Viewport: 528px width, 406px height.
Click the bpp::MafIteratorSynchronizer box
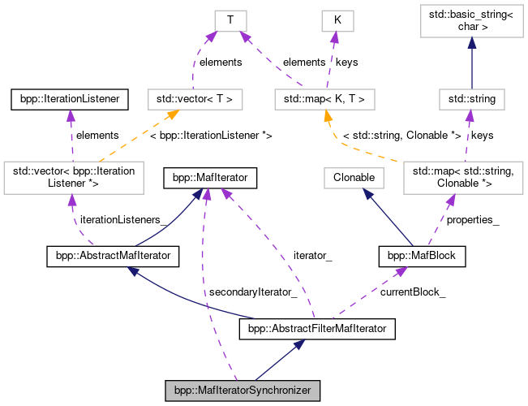coord(243,391)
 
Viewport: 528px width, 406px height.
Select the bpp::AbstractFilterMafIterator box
coord(317,329)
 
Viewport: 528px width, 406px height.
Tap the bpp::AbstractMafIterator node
coord(112,257)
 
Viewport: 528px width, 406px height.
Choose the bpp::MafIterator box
coord(211,175)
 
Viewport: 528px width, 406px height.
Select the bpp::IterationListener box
coord(66,99)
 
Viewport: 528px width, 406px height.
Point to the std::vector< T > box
coord(195,99)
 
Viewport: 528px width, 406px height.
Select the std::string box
coord(472,99)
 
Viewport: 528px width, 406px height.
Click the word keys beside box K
coord(346,61)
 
